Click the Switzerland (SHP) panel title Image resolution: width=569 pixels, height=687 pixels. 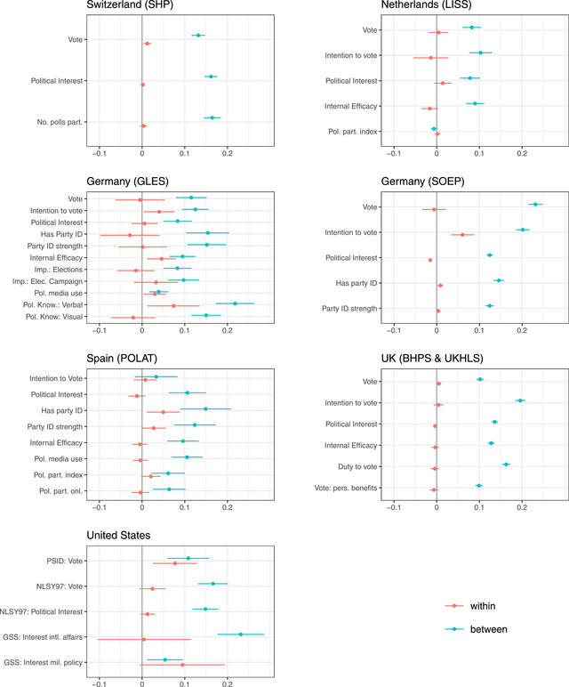click(x=130, y=6)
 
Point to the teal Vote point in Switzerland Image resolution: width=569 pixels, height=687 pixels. click(x=197, y=36)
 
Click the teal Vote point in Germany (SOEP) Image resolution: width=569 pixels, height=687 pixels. click(x=535, y=204)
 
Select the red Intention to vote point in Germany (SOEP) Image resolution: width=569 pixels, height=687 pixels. click(x=462, y=235)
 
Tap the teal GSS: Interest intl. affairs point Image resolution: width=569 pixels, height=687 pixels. click(x=240, y=634)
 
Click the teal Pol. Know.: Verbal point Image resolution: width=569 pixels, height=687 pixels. click(x=235, y=303)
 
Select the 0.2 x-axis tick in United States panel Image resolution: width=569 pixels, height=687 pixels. click(x=227, y=683)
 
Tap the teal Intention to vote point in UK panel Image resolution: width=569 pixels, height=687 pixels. click(x=520, y=400)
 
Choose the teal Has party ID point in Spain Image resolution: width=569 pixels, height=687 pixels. click(x=206, y=409)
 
